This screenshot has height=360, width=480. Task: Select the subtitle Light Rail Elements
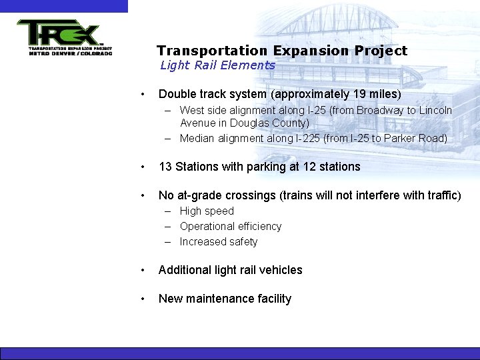[x=217, y=65]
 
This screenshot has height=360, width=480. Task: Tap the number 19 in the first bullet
[x=357, y=94]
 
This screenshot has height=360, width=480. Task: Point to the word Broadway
[x=379, y=110]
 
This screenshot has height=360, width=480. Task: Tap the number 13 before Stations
[x=165, y=167]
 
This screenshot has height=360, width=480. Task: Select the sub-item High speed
[x=207, y=211]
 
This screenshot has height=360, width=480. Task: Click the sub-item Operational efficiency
[x=231, y=226]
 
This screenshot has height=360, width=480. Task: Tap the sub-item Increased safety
[x=219, y=241]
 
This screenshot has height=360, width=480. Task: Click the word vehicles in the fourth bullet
[x=281, y=270]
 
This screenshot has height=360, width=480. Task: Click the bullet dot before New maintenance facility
[x=143, y=299]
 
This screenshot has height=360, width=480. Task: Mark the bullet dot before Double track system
[x=143, y=95]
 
